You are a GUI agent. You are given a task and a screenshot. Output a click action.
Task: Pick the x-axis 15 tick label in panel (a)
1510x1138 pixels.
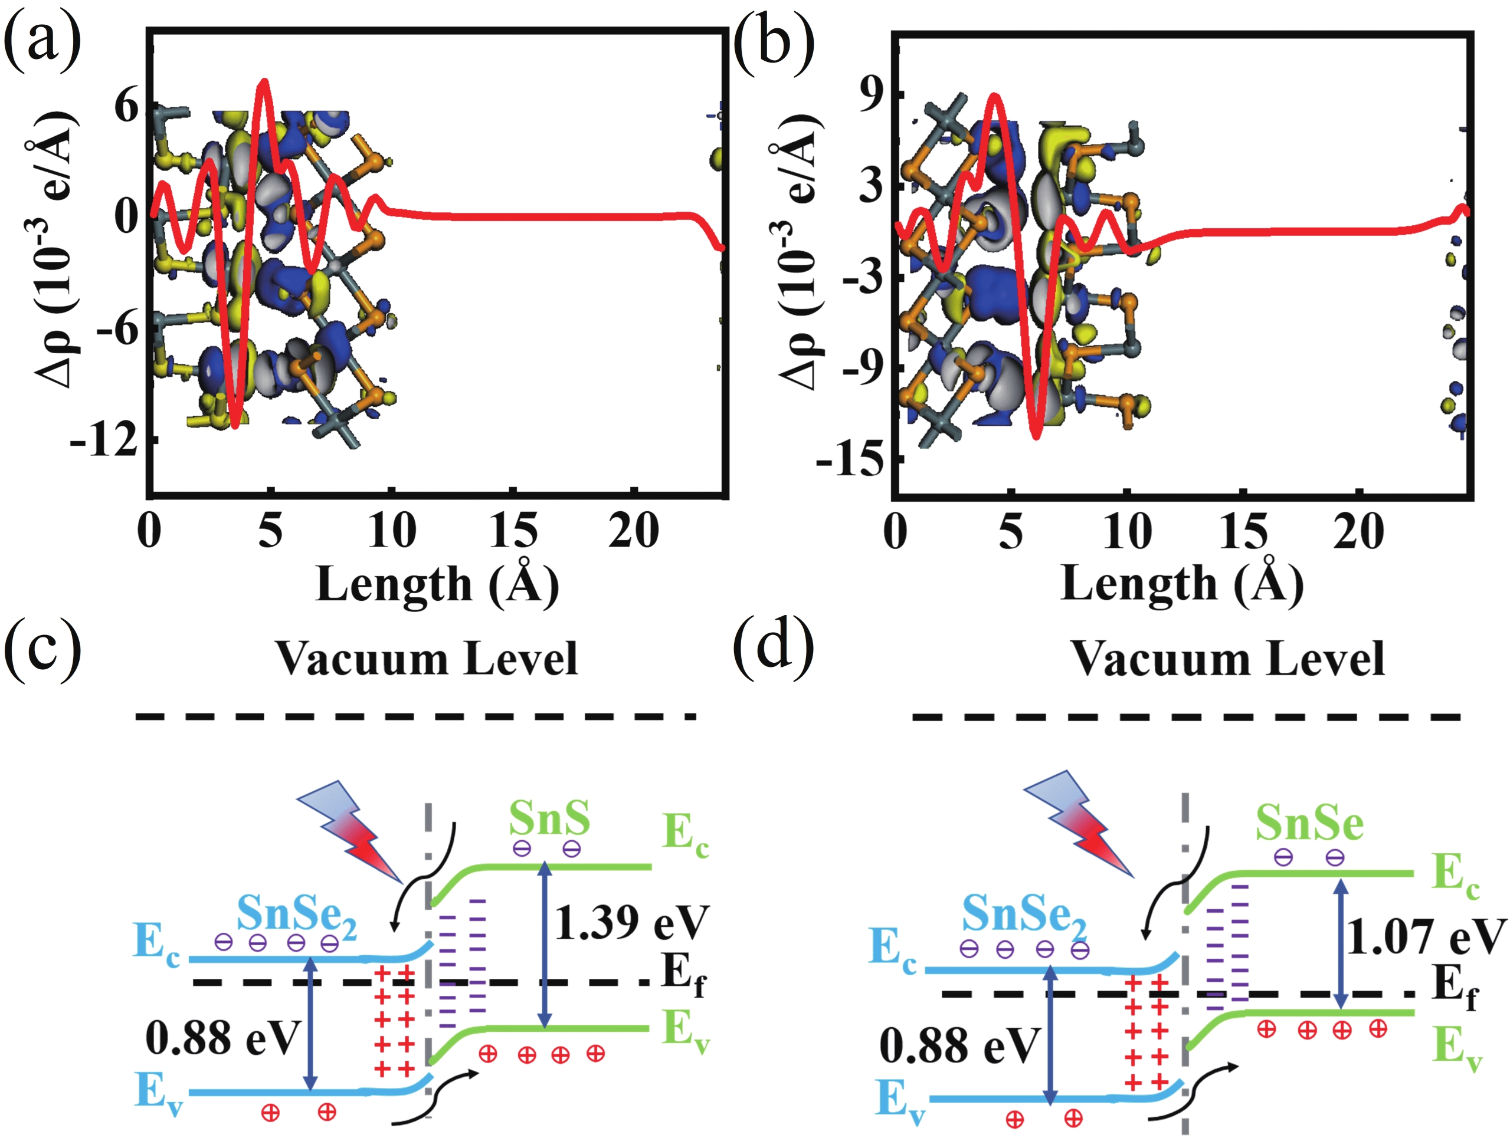click(513, 531)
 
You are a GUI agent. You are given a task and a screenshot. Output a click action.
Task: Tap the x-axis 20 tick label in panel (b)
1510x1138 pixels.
click(1358, 531)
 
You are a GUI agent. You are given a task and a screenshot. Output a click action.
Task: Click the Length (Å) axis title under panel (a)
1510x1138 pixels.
click(437, 584)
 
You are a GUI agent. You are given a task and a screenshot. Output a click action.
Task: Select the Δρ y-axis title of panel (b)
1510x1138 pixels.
click(799, 252)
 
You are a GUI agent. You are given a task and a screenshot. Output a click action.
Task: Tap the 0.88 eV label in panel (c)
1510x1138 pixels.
click(222, 1038)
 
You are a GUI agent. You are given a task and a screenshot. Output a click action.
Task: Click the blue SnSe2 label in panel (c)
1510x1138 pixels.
click(296, 914)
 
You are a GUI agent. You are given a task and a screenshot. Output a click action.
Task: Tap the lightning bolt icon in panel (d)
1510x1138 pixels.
click(1079, 822)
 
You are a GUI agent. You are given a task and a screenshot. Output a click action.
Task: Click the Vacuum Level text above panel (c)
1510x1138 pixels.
click(427, 659)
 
